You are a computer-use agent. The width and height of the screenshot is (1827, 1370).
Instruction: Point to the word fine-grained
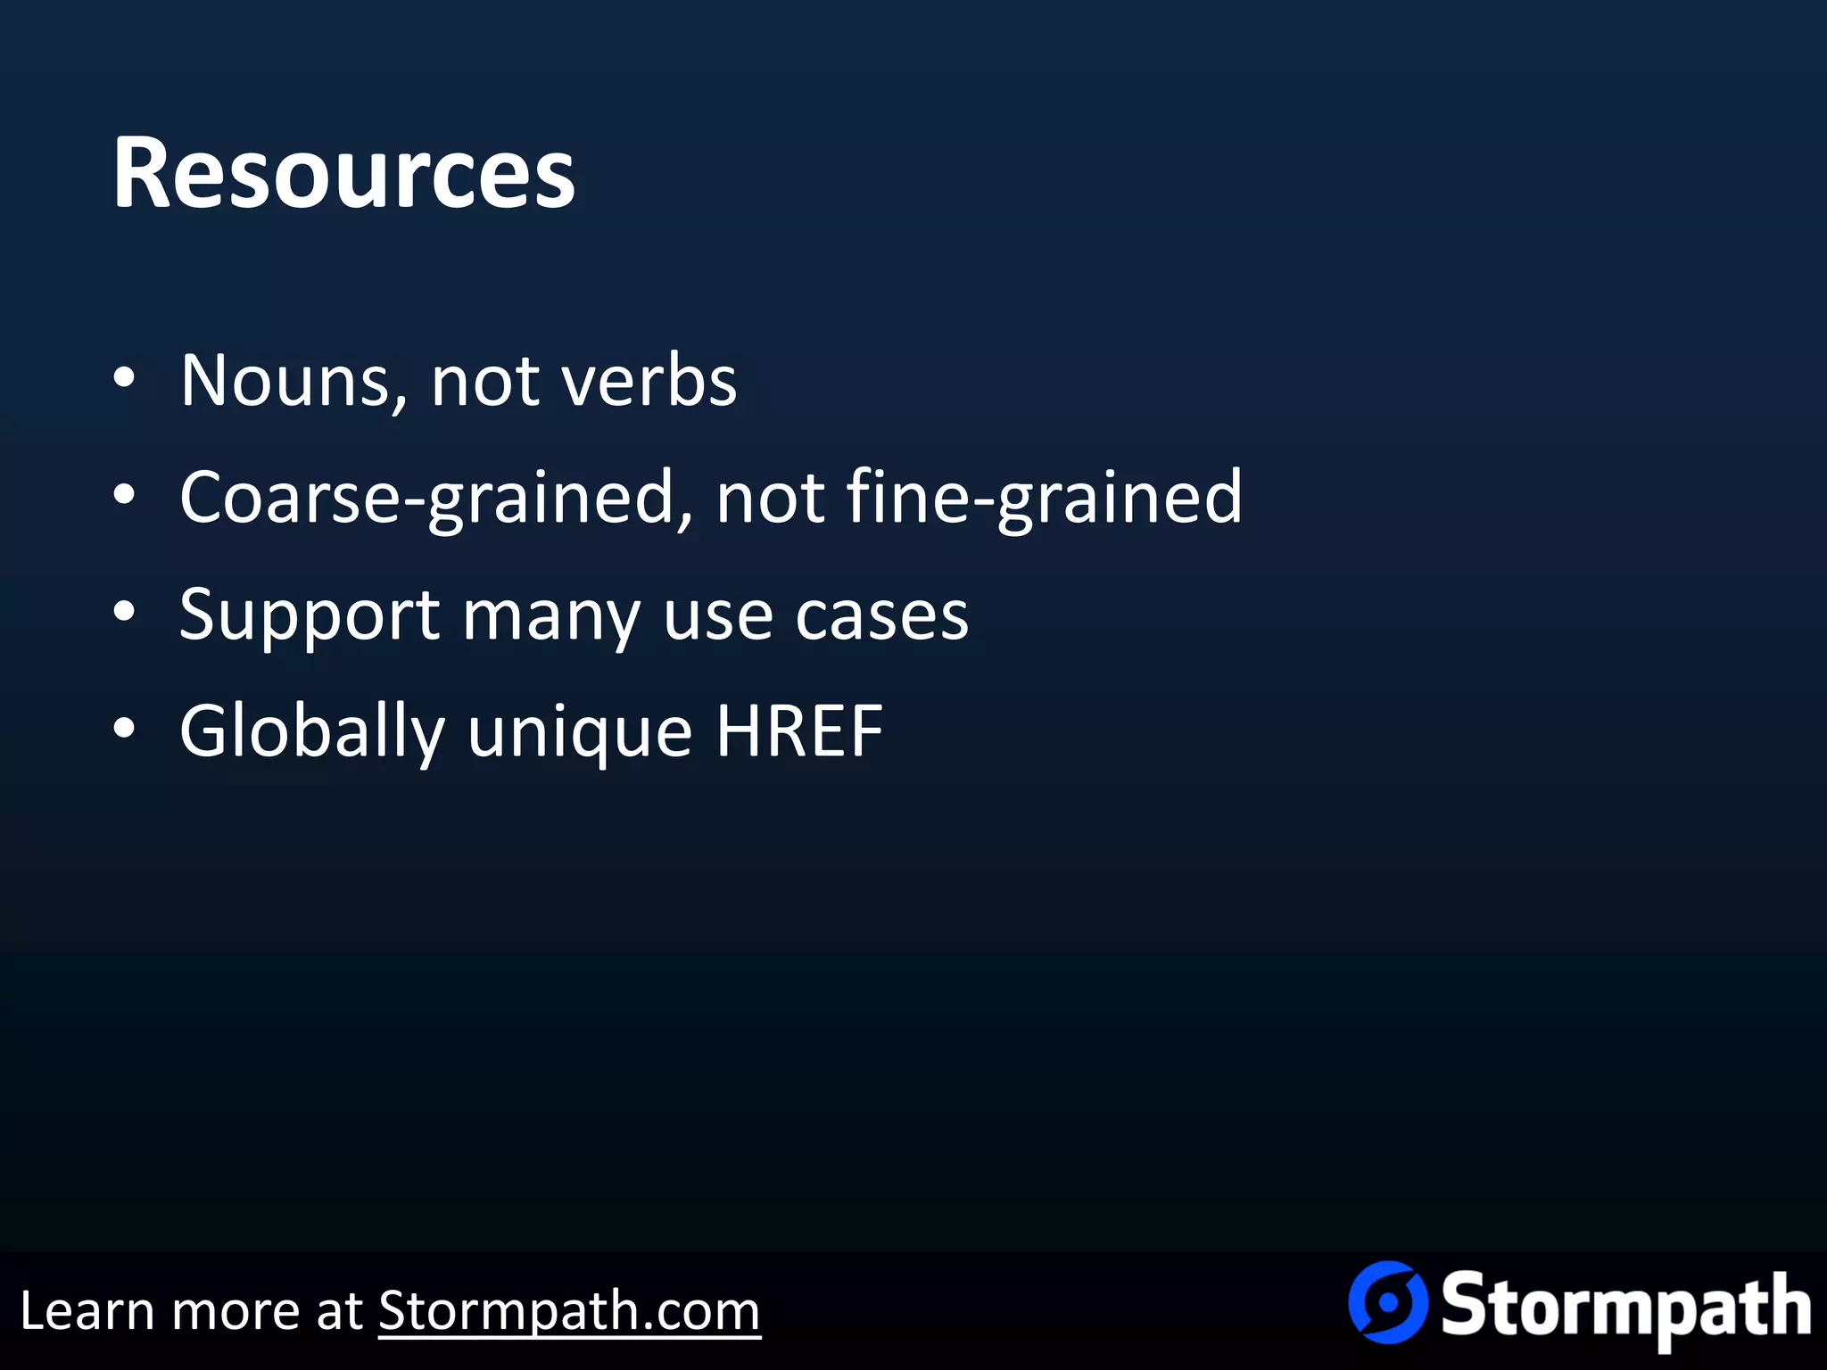[x=1043, y=497]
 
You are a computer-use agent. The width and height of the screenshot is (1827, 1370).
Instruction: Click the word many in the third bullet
[x=550, y=616]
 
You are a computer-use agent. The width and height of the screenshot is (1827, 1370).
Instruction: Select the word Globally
[x=311, y=732]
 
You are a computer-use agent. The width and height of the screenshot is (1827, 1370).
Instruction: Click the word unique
[x=580, y=732]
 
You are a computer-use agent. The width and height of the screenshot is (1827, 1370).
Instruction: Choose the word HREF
[x=799, y=731]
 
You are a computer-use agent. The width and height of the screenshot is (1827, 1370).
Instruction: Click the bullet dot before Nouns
[x=124, y=379]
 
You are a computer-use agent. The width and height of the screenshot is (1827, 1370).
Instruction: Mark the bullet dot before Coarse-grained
[x=124, y=495]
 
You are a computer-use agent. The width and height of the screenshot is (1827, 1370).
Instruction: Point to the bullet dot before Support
[x=124, y=613]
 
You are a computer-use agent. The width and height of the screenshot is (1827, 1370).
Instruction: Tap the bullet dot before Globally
[x=124, y=730]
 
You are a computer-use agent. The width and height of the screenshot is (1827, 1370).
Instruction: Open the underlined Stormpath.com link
[x=569, y=1311]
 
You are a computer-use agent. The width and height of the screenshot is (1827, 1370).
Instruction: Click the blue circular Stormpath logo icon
[x=1387, y=1302]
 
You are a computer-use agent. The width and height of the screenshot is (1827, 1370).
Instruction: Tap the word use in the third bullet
[x=717, y=616]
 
